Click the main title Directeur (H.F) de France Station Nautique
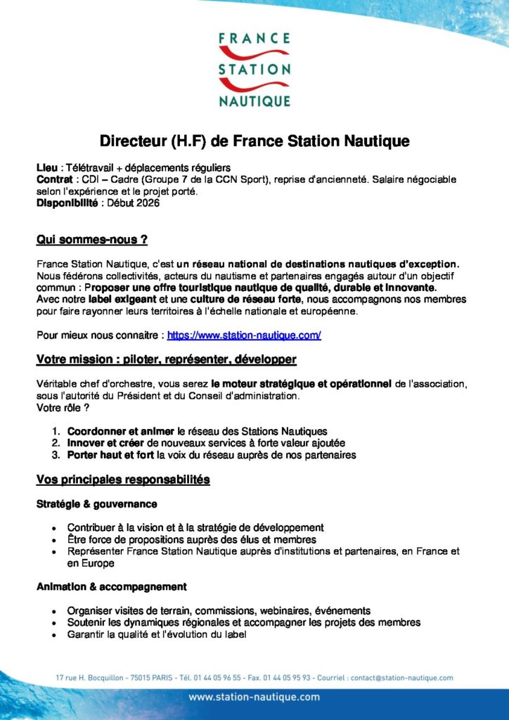pos(254,141)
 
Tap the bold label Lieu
pos(47,168)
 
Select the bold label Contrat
pos(54,180)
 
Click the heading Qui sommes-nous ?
pos(91,240)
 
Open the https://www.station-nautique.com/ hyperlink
pos(244,335)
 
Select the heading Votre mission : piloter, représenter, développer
pos(166,360)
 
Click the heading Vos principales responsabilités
pos(123,480)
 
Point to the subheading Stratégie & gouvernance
pos(96,504)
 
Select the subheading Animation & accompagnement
pos(111,586)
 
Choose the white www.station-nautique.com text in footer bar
pos(254,697)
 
